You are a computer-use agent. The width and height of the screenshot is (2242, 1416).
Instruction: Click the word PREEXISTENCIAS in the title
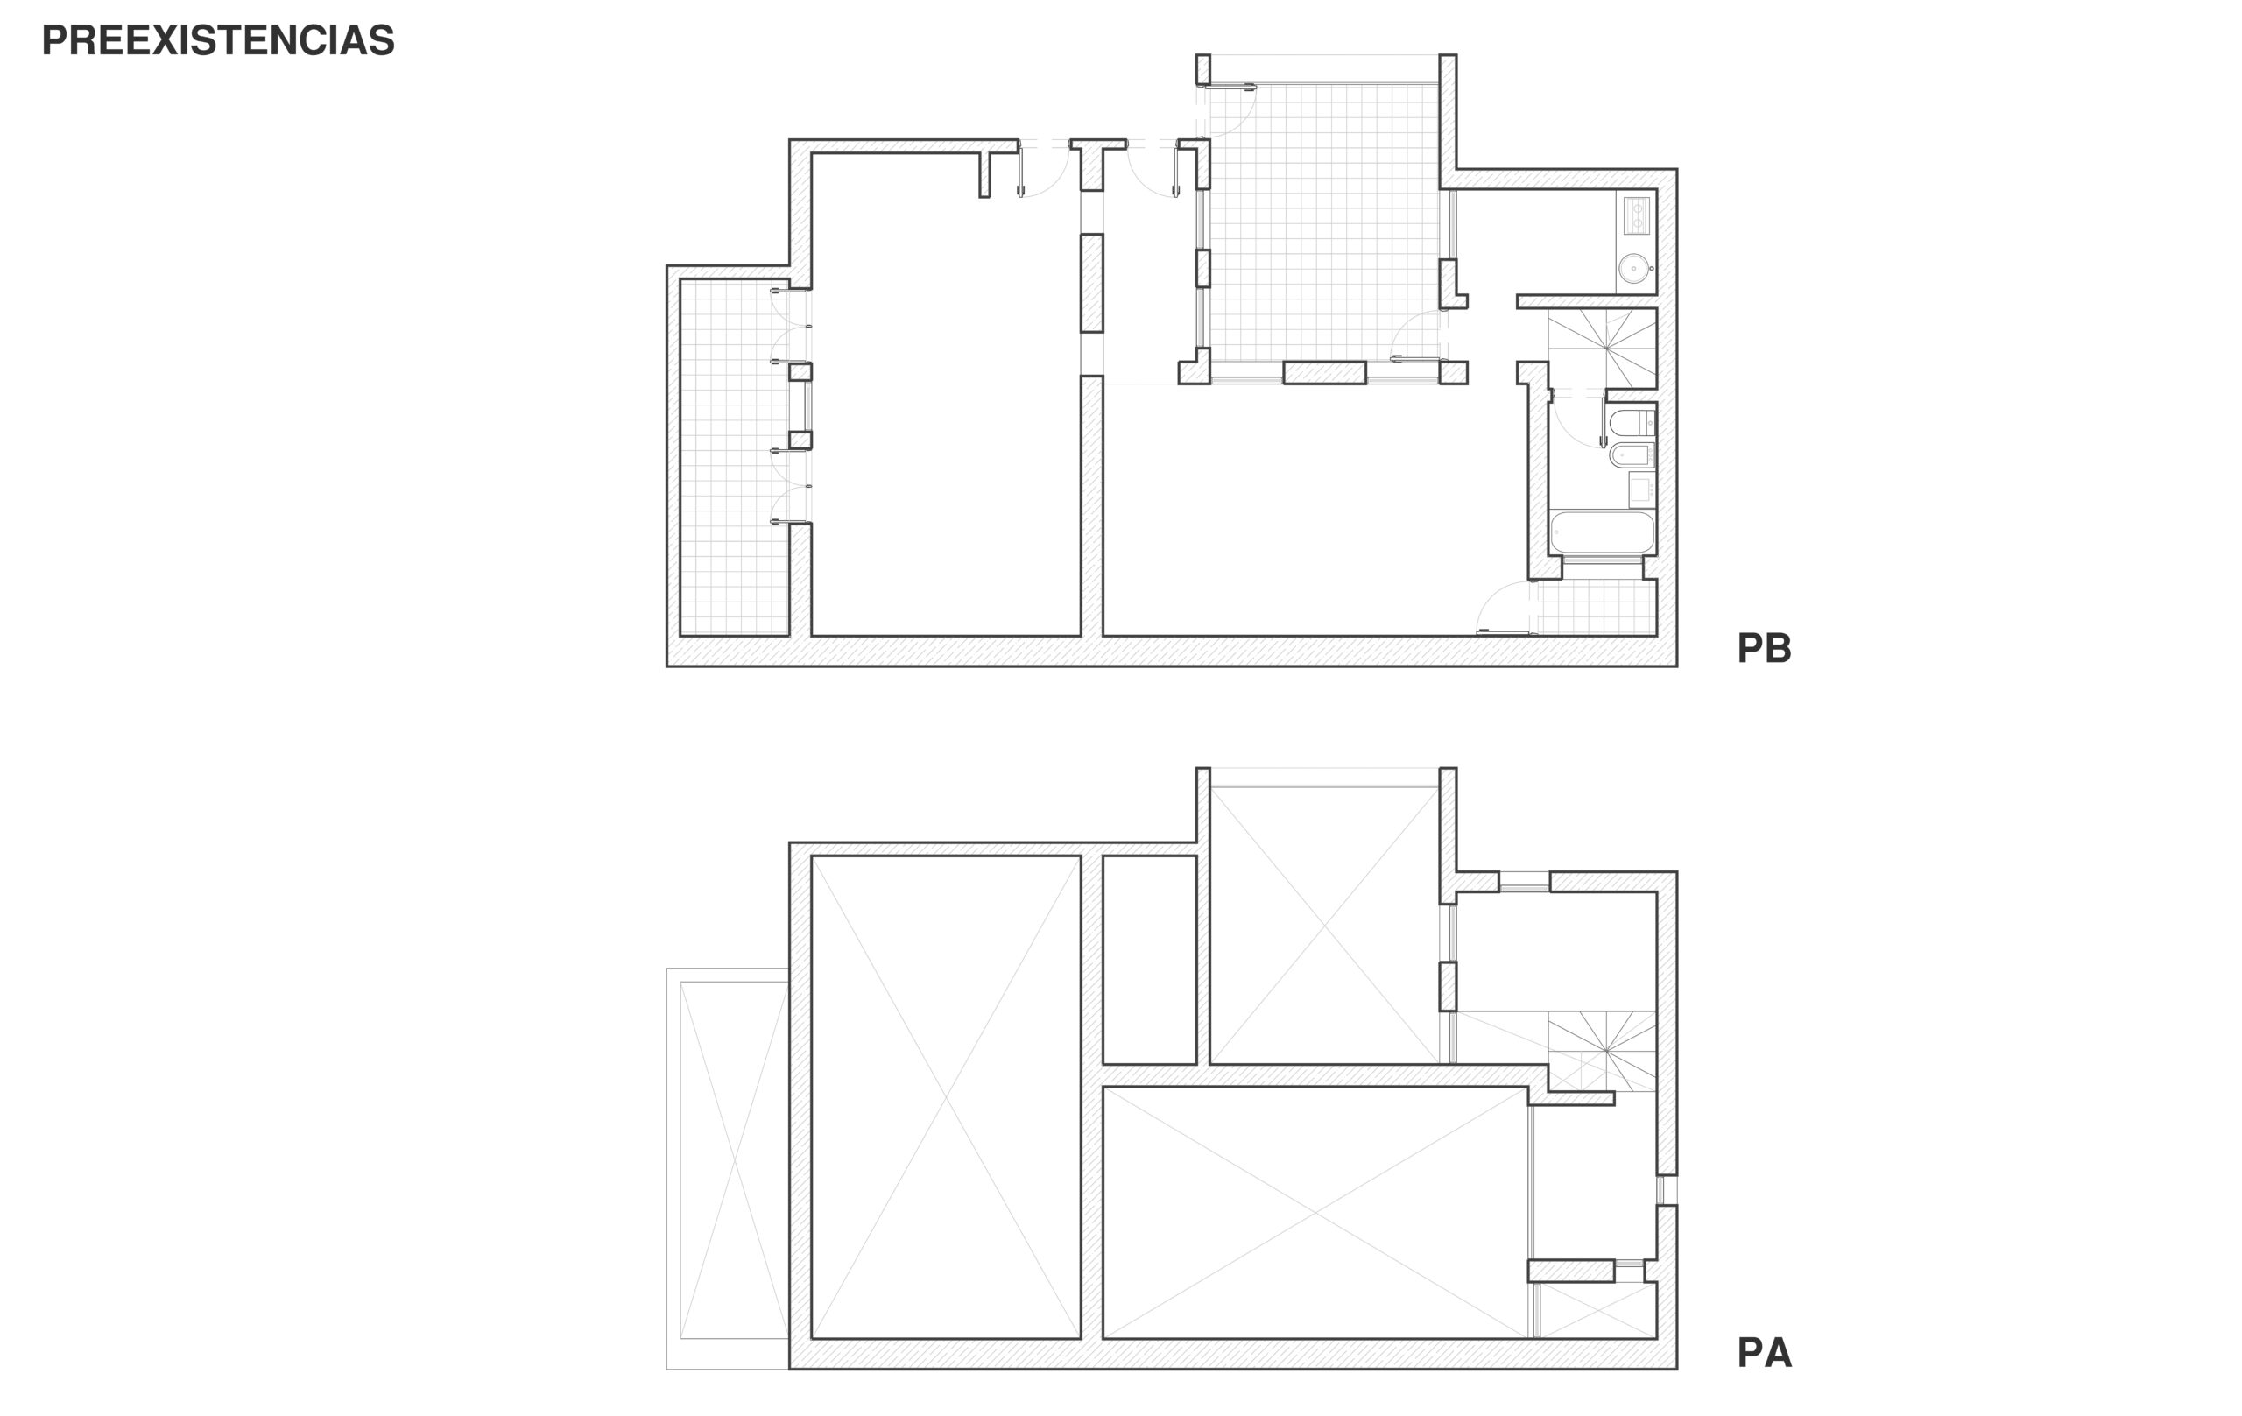point(218,40)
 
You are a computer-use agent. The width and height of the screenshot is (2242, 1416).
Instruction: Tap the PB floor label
point(1764,648)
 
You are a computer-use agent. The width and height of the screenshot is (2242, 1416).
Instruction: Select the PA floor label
point(1764,1353)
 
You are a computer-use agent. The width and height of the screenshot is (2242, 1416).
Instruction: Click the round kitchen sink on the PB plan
point(1634,268)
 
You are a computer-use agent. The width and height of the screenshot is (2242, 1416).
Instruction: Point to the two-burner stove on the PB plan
point(1637,215)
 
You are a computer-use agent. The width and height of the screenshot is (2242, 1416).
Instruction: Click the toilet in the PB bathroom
point(1632,423)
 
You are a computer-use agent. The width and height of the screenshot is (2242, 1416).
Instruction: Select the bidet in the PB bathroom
point(1632,455)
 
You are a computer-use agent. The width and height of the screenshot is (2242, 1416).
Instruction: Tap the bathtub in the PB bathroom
point(1603,532)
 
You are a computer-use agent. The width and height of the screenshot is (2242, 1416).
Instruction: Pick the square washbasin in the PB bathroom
point(1641,488)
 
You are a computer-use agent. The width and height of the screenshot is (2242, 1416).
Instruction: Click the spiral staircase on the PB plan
point(1603,348)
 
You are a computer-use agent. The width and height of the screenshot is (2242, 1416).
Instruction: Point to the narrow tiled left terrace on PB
point(735,457)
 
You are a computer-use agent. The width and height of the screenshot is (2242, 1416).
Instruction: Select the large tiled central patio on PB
point(1324,222)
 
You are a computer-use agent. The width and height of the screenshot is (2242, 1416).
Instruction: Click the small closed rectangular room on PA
point(1149,960)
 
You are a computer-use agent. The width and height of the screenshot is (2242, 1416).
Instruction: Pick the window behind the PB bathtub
point(1603,560)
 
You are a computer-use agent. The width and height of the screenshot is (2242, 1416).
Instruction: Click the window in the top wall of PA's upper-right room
point(1524,882)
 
